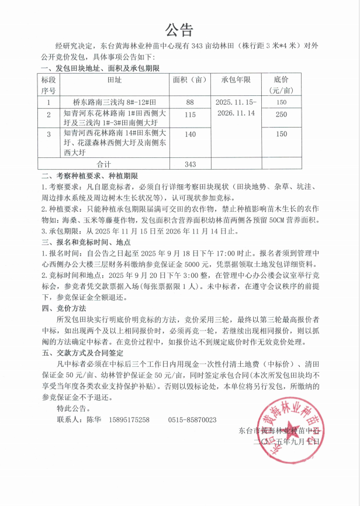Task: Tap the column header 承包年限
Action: click(236, 80)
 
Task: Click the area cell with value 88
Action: click(190, 102)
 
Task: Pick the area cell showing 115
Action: click(190, 115)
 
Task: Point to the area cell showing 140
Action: click(190, 135)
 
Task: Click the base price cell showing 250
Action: click(281, 115)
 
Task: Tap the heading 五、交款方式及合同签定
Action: click(82, 353)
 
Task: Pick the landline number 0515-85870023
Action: click(192, 419)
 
